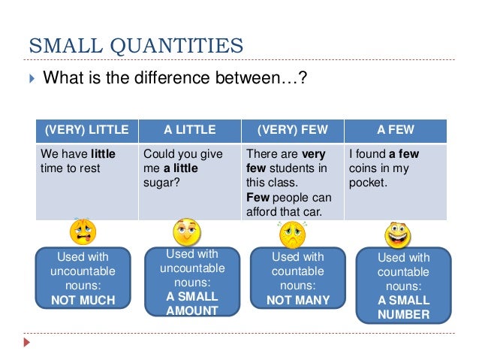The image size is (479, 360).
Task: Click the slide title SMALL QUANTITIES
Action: [x=135, y=46]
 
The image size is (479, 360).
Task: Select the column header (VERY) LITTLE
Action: [x=87, y=130]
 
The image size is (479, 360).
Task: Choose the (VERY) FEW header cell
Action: [x=292, y=130]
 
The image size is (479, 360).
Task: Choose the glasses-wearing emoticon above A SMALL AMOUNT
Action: [x=187, y=233]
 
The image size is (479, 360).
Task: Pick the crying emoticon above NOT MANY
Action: [x=291, y=234]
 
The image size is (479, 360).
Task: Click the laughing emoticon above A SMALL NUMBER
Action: [x=397, y=234]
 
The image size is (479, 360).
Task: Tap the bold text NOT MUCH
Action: [x=83, y=300]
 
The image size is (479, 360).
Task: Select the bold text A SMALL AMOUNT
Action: [x=192, y=304]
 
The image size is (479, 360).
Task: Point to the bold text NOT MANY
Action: [x=298, y=300]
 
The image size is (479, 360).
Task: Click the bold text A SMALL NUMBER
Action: [x=404, y=307]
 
